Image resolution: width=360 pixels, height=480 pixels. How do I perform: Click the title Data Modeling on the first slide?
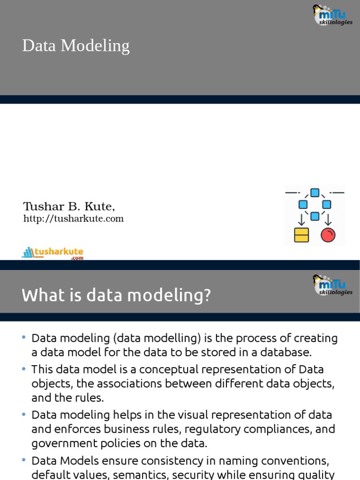(x=75, y=46)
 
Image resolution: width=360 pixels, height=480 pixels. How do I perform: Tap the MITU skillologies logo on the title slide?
(x=332, y=15)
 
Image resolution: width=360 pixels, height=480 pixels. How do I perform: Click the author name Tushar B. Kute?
(x=69, y=206)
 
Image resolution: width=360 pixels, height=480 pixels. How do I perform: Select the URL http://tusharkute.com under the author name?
(x=74, y=218)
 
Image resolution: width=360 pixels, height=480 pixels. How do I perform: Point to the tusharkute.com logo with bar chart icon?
(x=52, y=253)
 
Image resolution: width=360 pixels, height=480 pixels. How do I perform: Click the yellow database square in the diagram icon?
(x=301, y=235)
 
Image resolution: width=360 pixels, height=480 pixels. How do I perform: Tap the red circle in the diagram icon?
(x=328, y=235)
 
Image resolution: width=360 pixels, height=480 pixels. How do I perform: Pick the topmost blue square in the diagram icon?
(x=315, y=193)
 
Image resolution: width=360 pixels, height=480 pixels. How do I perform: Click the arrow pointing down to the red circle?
(x=328, y=219)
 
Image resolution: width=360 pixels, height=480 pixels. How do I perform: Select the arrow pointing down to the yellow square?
(x=301, y=219)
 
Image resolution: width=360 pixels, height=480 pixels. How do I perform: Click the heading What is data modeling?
(x=116, y=295)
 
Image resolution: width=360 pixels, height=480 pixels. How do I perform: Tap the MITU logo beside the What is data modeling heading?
(x=332, y=285)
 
